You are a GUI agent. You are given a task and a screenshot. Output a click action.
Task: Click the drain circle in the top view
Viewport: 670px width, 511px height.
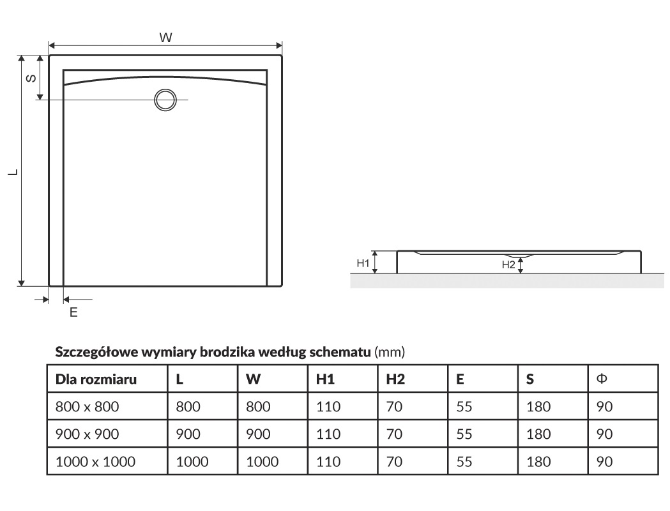[x=165, y=100]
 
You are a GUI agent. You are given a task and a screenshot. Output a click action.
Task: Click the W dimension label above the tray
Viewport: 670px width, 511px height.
[x=165, y=38]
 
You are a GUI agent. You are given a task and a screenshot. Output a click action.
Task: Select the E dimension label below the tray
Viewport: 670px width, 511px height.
[x=73, y=312]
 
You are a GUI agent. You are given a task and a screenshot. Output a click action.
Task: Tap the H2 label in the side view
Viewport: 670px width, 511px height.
[x=508, y=264]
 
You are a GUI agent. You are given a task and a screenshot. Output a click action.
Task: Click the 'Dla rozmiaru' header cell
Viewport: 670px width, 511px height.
[x=96, y=379]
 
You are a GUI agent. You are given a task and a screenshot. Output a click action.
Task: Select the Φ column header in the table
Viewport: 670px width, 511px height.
[x=601, y=379]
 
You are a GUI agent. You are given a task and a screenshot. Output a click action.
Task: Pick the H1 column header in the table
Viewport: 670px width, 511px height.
[x=326, y=379]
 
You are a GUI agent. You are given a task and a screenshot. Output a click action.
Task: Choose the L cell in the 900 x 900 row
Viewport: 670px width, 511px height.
[x=188, y=434]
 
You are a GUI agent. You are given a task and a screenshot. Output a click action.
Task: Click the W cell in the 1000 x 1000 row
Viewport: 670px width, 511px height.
[x=262, y=462]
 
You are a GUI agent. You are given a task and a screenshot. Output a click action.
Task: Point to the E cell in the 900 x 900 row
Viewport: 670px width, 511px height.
[x=464, y=434]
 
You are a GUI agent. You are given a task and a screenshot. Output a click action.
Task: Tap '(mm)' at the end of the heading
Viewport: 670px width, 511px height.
[x=390, y=352]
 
